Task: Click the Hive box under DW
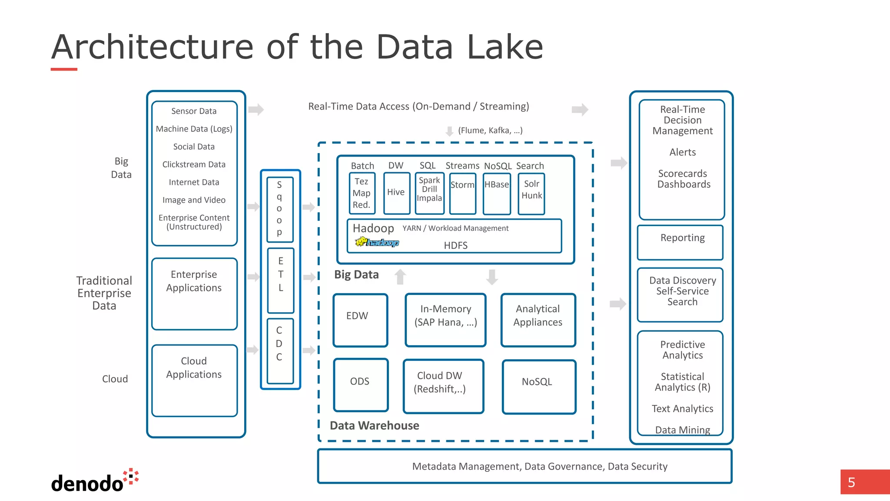tap(396, 193)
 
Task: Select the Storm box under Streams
tap(462, 193)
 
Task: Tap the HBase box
tap(497, 193)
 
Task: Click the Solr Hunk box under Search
tap(531, 193)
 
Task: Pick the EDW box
tap(360, 320)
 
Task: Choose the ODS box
tap(361, 384)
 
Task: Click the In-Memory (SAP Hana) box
tap(445, 320)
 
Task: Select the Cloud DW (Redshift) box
tap(443, 386)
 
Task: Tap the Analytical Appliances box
tap(538, 320)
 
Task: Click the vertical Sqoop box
tap(279, 209)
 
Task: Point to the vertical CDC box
tap(280, 351)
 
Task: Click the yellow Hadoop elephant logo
tap(362, 241)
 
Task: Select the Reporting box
tap(680, 242)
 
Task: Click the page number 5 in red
tap(852, 482)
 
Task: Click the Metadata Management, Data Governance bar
tap(525, 466)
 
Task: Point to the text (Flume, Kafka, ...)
tap(490, 130)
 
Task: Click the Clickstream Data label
tap(194, 164)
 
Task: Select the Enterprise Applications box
tap(194, 294)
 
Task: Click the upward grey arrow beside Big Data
tap(400, 277)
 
